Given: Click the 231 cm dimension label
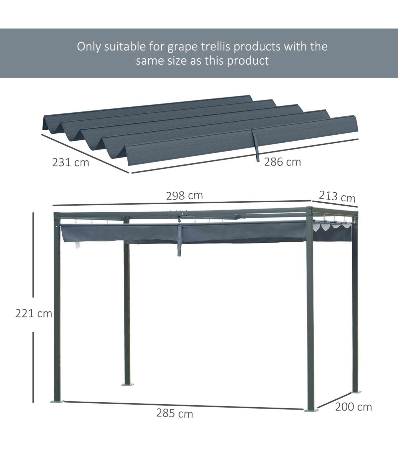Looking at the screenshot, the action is (x=71, y=162).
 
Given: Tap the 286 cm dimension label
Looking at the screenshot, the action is (x=282, y=162).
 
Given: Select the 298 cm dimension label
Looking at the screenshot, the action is (x=184, y=196).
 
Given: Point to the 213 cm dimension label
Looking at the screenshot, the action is (x=337, y=197).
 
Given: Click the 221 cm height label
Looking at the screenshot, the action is (x=33, y=314).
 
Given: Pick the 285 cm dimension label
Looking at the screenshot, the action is (x=174, y=414).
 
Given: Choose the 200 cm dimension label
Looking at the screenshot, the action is (x=354, y=407).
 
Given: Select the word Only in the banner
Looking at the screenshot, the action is (x=89, y=47).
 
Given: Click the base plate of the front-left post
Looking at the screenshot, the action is (x=57, y=401).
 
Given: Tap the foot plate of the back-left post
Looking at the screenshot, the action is (x=128, y=384).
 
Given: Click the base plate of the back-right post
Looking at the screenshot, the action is (x=356, y=392).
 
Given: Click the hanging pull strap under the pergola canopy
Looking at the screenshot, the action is (x=179, y=240).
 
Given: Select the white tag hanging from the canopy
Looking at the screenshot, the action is (x=77, y=245).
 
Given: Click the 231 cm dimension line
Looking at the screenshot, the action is (x=85, y=154).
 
